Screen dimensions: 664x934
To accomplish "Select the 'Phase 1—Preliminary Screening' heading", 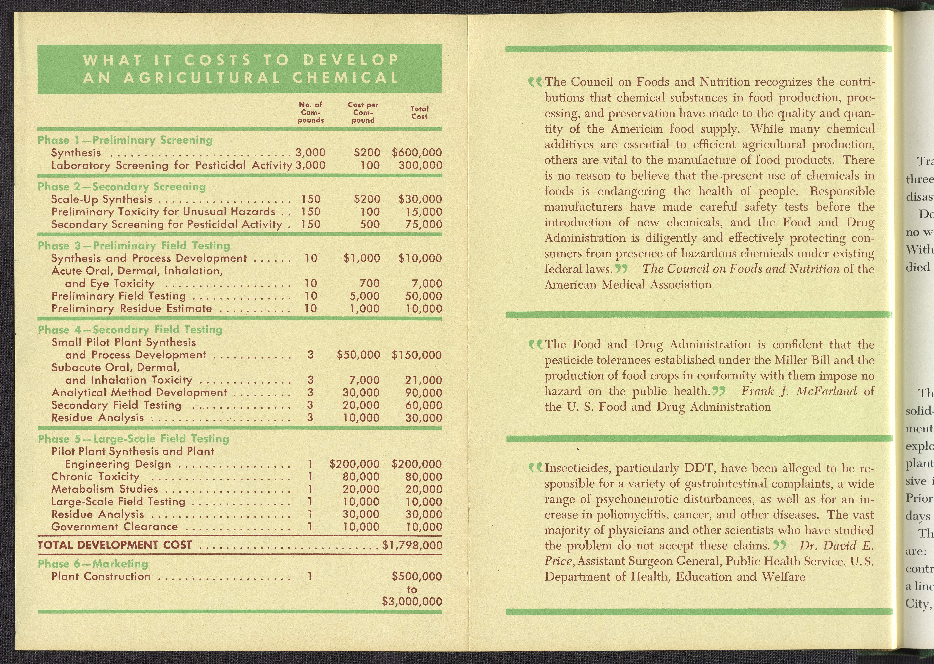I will (125, 140).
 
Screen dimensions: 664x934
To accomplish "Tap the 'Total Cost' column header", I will (419, 112).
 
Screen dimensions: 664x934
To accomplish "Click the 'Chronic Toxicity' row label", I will (95, 477).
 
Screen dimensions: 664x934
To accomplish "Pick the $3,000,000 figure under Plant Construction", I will (412, 601).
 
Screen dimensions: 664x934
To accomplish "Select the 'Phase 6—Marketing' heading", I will (93, 564).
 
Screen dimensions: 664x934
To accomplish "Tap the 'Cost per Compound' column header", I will (363, 112).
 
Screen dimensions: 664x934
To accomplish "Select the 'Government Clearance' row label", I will (114, 527).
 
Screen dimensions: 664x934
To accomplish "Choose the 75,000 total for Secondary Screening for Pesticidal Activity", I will (423, 224).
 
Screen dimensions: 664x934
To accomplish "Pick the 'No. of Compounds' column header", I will (311, 112).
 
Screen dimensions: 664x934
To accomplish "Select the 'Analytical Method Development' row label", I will (139, 393).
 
